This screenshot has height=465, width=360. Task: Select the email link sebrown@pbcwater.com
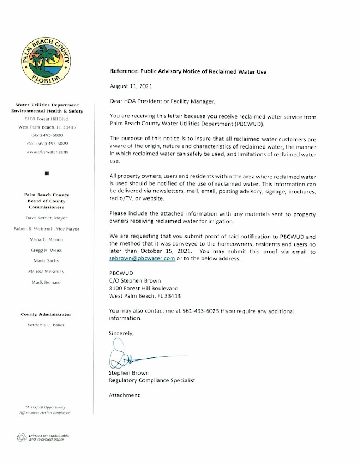tap(142, 258)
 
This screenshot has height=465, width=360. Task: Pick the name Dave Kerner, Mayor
tap(46, 218)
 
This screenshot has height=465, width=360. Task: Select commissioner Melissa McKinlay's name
tap(46, 271)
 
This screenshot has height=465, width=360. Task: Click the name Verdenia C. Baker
tap(46, 325)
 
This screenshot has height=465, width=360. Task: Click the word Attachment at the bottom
tap(125, 395)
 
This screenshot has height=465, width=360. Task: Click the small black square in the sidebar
tap(47, 173)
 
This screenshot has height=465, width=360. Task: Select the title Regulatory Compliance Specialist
tap(152, 381)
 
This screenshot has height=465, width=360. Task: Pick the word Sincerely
tap(121, 333)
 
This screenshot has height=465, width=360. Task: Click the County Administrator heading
tap(46, 314)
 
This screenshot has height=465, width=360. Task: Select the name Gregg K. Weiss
tap(46, 250)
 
